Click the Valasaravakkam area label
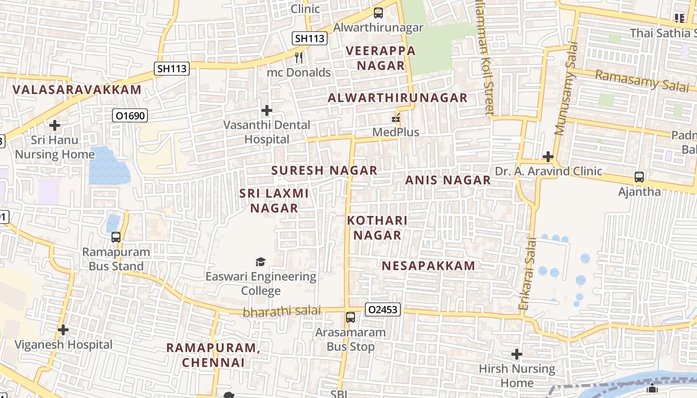point(77,90)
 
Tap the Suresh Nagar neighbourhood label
point(324,170)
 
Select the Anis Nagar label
point(448,180)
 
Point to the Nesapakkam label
point(429,266)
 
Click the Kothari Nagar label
point(377,227)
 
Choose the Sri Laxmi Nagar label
point(274,200)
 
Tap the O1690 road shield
point(129,116)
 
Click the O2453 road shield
point(383,309)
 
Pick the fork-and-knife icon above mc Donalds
point(299,58)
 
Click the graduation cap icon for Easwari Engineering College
point(260,262)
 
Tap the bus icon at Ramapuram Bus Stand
point(116,237)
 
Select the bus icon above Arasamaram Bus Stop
point(350,317)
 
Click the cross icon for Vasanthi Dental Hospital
point(267,110)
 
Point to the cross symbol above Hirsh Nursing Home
point(517,354)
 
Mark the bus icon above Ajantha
point(639,177)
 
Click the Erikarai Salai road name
point(528,274)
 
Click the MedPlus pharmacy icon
point(396,118)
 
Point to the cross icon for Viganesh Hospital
point(63,329)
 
